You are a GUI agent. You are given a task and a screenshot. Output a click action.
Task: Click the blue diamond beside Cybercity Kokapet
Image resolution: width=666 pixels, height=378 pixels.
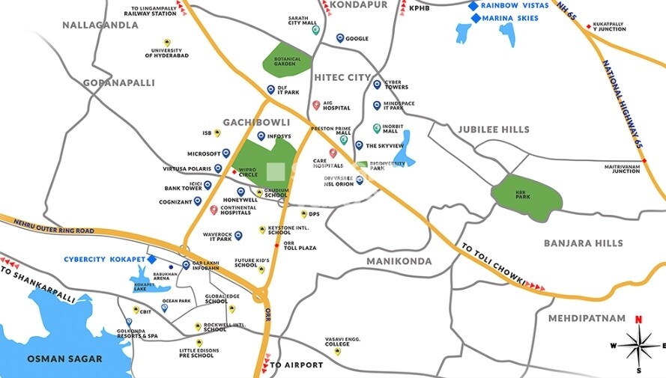point(151,260)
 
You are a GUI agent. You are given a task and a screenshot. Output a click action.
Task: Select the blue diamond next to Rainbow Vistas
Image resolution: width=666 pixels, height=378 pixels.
point(473,6)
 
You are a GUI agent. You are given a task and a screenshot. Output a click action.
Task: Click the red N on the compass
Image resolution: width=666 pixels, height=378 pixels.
point(638,320)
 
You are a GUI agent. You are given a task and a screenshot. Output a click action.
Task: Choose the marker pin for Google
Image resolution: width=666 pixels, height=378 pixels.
point(340,38)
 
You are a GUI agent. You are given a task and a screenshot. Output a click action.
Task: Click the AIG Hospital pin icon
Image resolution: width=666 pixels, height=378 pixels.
point(316,105)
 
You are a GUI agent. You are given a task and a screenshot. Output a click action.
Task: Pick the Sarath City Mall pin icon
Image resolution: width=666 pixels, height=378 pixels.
point(316,31)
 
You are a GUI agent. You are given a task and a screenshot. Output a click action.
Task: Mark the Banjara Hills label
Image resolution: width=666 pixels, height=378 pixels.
point(583,243)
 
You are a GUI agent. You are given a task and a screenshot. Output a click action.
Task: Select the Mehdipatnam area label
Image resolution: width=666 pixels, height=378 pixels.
point(586,318)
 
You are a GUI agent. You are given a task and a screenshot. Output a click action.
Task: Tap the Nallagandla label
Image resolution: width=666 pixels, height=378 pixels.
point(100,25)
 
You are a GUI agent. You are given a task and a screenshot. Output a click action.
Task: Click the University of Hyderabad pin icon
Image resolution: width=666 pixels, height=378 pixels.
point(166,42)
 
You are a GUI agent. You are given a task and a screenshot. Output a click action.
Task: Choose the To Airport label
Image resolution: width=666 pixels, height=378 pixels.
point(296,365)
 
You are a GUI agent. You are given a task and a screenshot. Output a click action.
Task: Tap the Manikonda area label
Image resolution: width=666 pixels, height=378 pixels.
point(399,261)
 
